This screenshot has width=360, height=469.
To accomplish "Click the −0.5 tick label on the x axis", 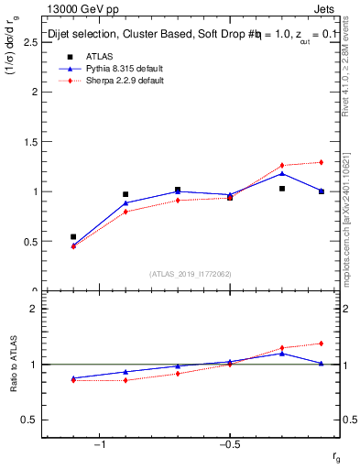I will (x=229, y=444).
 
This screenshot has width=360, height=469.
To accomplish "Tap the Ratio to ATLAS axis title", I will (x=14, y=365).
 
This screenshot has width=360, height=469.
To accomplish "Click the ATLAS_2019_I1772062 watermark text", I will (x=191, y=273).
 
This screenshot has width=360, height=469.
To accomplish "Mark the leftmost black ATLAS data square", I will (x=73, y=236).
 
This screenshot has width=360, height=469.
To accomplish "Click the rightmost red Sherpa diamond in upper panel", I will (x=321, y=162).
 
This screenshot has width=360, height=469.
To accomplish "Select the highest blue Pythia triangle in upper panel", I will (x=282, y=173).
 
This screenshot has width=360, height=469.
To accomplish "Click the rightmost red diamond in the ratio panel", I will (x=321, y=344).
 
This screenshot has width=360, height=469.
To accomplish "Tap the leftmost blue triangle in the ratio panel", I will (x=73, y=377).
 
